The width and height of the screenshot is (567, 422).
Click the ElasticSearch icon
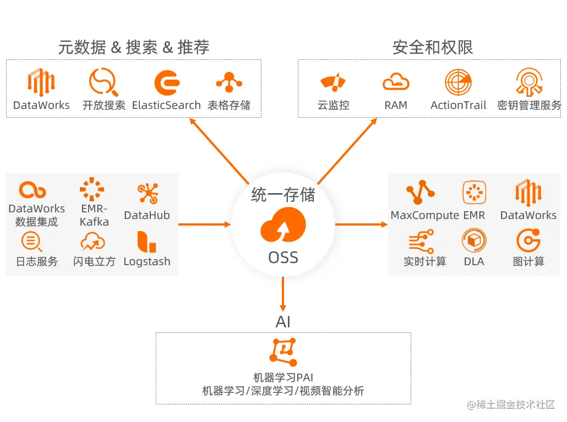tap(167, 83)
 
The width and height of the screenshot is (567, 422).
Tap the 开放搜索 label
tap(103, 106)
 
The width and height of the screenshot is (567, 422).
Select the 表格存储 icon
tap(229, 83)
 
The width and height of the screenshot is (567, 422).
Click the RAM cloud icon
tap(396, 83)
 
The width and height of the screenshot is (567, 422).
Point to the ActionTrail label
tap(458, 106)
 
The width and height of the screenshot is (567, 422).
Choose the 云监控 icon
tap(333, 83)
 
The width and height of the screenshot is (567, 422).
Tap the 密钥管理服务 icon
tap(529, 83)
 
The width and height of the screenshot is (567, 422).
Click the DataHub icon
tap(147, 193)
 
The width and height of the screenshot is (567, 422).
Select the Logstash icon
tap(146, 242)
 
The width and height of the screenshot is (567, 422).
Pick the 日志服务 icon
tap(31, 242)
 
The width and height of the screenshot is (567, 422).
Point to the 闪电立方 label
tap(94, 262)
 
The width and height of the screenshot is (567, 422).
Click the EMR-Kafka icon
tap(91, 190)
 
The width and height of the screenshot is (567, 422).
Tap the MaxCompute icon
tap(420, 193)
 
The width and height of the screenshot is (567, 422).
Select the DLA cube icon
tap(473, 241)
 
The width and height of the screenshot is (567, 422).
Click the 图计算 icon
tap(528, 241)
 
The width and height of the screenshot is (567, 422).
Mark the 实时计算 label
tap(424, 262)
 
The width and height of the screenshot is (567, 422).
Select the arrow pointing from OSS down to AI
tap(283, 294)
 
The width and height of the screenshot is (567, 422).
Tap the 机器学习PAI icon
tap(283, 352)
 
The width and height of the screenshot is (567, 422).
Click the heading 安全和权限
tap(433, 47)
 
